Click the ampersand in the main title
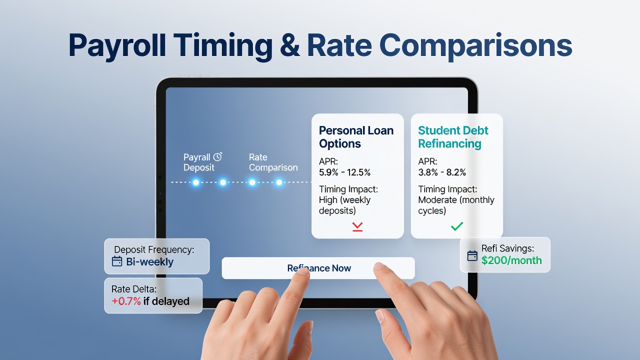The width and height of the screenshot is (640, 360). tap(289, 45)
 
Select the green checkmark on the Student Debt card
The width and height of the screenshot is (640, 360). tap(457, 226)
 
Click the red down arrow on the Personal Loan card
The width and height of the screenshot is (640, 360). tap(357, 226)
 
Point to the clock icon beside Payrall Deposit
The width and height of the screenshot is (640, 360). tap(217, 156)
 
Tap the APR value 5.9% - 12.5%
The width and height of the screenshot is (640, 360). tap(344, 172)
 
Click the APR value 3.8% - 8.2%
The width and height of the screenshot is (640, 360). tap(442, 172)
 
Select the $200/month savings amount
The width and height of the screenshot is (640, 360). tap(511, 260)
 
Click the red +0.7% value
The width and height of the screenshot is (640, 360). tap(126, 301)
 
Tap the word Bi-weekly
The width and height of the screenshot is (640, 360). tap(149, 262)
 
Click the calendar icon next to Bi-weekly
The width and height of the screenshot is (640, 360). tap(117, 261)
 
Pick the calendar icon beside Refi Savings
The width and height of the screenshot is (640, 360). tap(472, 255)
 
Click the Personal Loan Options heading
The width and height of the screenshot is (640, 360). tap(356, 137)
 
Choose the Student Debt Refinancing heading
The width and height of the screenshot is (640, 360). tap(453, 137)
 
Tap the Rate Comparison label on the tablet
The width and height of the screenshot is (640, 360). tap(273, 162)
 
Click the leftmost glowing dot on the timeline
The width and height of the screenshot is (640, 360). tap(196, 182)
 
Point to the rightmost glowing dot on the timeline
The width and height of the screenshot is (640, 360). tap(279, 182)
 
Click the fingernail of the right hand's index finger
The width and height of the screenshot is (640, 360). tap(379, 265)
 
